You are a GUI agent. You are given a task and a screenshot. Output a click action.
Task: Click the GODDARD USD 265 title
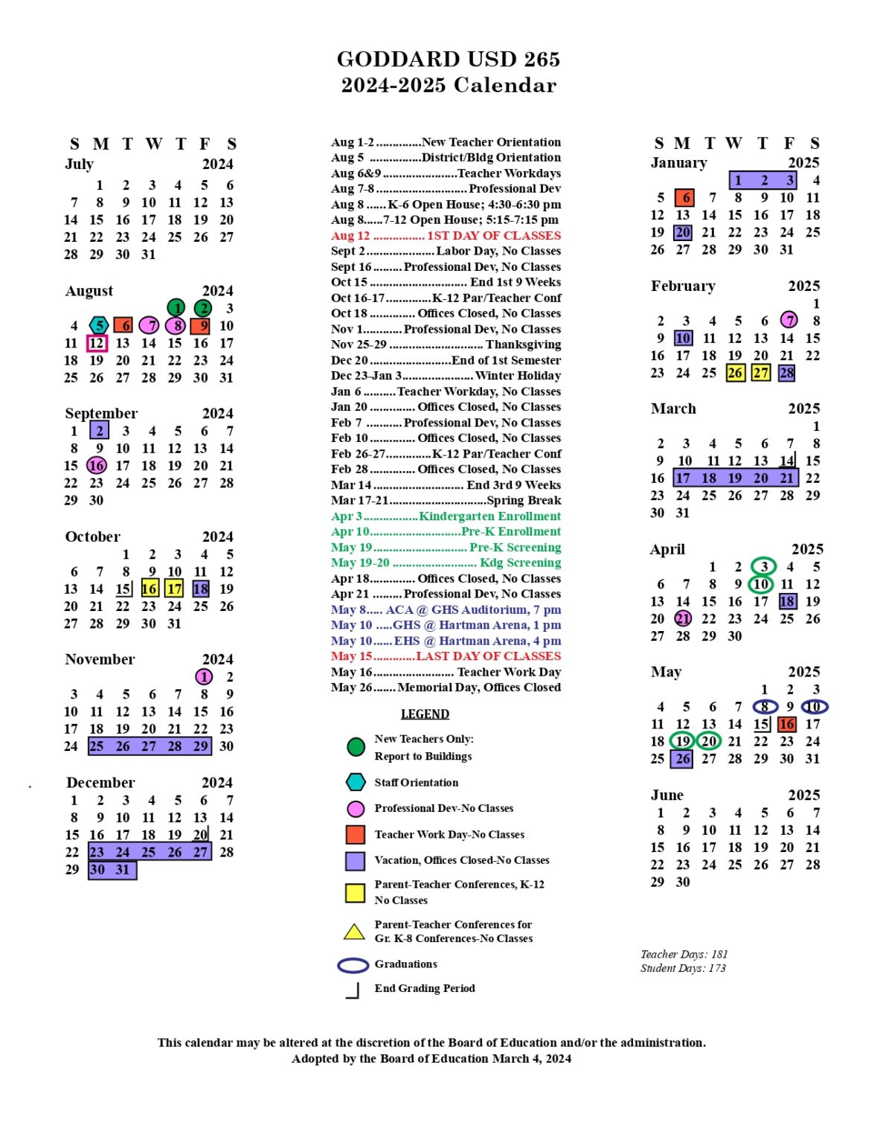tap(448, 59)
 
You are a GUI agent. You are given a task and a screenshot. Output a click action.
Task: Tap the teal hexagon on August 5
tap(99, 325)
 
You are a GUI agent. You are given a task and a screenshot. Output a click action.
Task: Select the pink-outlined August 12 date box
tap(97, 343)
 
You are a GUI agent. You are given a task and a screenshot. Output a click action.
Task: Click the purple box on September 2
tap(99, 430)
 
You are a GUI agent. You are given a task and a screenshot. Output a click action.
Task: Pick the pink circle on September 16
tap(97, 465)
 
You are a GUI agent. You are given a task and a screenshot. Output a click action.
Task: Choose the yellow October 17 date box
tap(174, 589)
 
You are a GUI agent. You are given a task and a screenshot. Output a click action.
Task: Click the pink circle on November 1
tap(204, 676)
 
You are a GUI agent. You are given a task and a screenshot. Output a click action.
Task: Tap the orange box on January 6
tap(684, 198)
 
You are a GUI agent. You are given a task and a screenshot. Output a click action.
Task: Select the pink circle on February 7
tap(789, 320)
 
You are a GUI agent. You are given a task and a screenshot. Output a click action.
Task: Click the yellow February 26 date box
tap(735, 373)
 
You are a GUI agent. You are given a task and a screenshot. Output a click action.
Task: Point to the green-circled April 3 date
tap(763, 566)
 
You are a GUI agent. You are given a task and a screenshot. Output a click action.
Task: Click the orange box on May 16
tap(786, 724)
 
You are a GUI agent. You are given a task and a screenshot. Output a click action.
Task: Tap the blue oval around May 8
tap(765, 706)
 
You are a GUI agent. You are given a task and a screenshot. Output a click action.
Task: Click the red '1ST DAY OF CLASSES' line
tap(446, 236)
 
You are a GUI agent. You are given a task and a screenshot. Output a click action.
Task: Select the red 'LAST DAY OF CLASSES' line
tap(446, 656)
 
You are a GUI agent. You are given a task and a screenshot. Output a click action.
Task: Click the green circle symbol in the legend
tap(356, 746)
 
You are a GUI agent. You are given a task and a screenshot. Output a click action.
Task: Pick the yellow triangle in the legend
tap(354, 932)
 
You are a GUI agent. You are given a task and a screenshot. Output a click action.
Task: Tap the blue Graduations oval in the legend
tap(353, 965)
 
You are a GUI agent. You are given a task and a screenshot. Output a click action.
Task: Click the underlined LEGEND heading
tap(425, 714)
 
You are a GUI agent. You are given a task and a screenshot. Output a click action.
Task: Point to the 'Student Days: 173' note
tap(683, 968)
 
